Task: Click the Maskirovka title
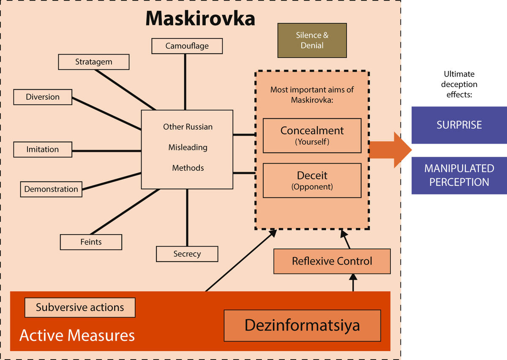pos(200,19)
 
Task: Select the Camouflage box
pos(187,46)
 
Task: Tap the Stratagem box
pos(93,62)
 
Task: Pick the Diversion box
pos(43,97)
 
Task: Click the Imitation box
pos(43,149)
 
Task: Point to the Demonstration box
pos(51,189)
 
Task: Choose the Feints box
pos(91,242)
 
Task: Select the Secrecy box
pos(187,254)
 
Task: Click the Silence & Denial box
pos(312,41)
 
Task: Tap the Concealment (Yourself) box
pos(312,135)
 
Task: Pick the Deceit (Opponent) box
pos(312,180)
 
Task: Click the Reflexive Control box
pos(332,261)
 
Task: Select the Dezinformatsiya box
pos(302,325)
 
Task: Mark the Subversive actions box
pos(80,307)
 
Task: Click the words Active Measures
pos(77,335)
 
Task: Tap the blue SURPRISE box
pos(459,125)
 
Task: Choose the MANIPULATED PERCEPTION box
pos(459,175)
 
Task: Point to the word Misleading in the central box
pos(188,147)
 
